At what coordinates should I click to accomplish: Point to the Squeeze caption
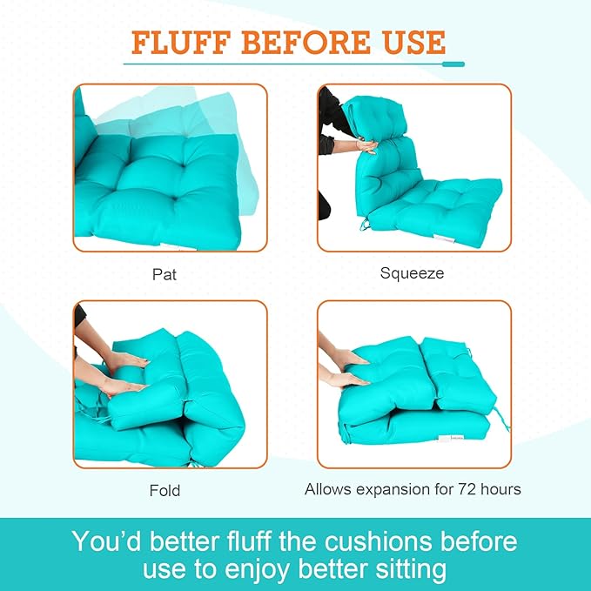click(412, 273)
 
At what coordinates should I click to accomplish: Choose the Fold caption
click(165, 491)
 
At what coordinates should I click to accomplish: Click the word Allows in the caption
click(329, 489)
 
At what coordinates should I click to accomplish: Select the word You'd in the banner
click(107, 541)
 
